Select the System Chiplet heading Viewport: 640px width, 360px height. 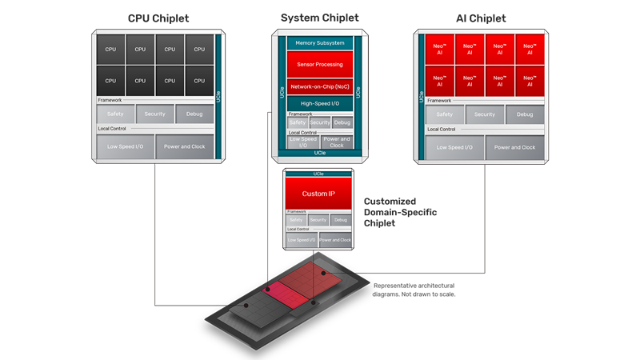click(320, 18)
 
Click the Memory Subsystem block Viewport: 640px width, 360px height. click(320, 42)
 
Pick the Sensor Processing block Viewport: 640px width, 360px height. click(320, 64)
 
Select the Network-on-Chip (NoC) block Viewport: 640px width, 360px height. click(320, 86)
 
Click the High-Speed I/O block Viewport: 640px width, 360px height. click(320, 103)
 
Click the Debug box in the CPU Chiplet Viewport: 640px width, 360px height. click(194, 114)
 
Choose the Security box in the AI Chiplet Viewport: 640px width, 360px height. click(485, 114)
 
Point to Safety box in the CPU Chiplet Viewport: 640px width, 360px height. click(115, 114)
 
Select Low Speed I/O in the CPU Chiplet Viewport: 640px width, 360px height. click(125, 147)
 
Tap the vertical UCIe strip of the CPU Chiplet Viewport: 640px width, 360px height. click(218, 96)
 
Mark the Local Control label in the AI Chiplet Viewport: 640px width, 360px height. click(441, 129)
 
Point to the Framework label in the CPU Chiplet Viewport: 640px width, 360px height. click(110, 100)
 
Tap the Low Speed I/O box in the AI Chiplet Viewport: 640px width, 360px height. click(454, 147)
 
